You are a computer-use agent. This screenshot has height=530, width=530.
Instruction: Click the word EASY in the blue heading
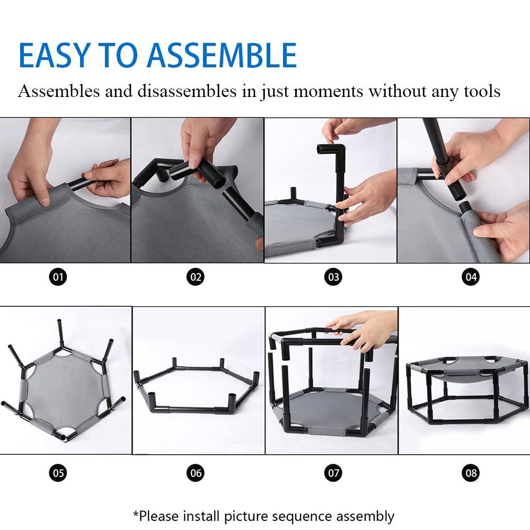(x=54, y=55)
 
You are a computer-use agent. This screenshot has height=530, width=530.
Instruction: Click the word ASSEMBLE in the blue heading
(x=222, y=55)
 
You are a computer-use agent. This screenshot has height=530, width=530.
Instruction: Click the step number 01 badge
(x=58, y=277)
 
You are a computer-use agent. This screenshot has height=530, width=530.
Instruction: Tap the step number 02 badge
(x=196, y=277)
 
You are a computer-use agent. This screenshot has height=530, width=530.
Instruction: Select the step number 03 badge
(x=333, y=277)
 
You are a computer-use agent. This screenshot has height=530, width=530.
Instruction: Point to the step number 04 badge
(x=471, y=277)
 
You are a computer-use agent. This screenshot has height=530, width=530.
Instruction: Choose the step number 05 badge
(x=58, y=473)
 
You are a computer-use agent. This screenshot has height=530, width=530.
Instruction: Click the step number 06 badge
(x=196, y=473)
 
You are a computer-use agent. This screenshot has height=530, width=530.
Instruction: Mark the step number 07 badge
(x=333, y=473)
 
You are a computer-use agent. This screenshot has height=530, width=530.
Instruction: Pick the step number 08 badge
(x=471, y=473)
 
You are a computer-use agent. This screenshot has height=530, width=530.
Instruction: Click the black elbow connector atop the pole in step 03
(x=332, y=150)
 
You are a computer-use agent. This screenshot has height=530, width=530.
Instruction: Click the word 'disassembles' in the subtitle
(x=187, y=91)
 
